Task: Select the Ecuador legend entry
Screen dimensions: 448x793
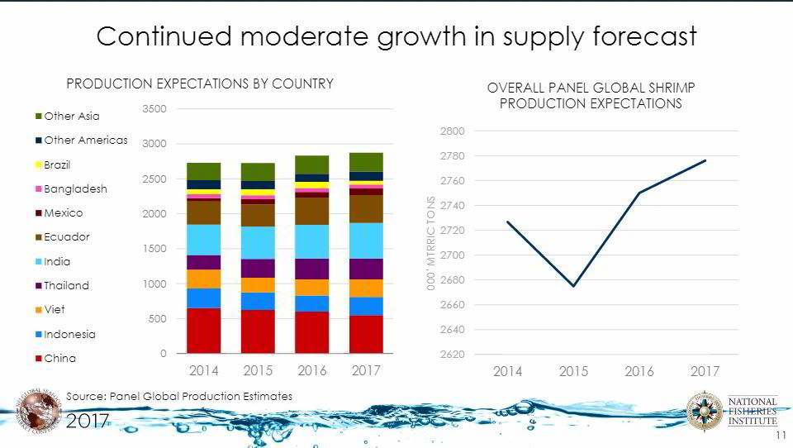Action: point(66,237)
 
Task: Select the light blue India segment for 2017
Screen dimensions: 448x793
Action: point(366,241)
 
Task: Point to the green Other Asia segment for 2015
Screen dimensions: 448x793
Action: point(258,171)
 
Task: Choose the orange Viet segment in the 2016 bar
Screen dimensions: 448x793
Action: point(312,287)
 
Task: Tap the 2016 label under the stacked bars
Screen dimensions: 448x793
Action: point(312,370)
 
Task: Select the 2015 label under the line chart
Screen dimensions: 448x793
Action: point(573,372)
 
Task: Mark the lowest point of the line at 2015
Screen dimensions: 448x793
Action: point(573,286)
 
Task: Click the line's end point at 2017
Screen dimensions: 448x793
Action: point(705,160)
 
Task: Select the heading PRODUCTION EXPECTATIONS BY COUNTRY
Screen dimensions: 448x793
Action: point(200,83)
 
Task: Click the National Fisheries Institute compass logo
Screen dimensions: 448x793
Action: point(704,411)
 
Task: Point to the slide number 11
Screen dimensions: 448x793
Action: point(781,435)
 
